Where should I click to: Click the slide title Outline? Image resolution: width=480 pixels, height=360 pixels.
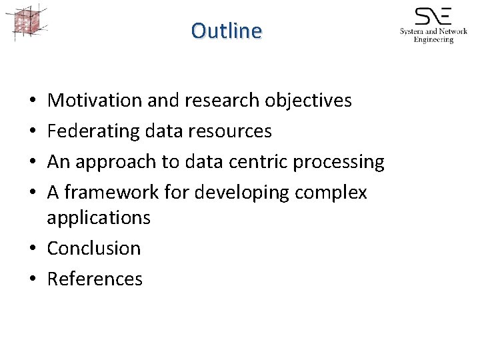tap(227, 31)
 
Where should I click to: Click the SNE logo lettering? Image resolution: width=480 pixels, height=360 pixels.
tap(433, 16)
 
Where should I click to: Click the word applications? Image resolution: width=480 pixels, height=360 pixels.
tap(99, 218)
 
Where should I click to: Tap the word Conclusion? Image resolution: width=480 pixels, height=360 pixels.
tap(94, 248)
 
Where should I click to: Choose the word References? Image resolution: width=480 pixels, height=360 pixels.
tap(95, 279)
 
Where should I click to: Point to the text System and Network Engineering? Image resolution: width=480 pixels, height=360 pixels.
tap(433, 35)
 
